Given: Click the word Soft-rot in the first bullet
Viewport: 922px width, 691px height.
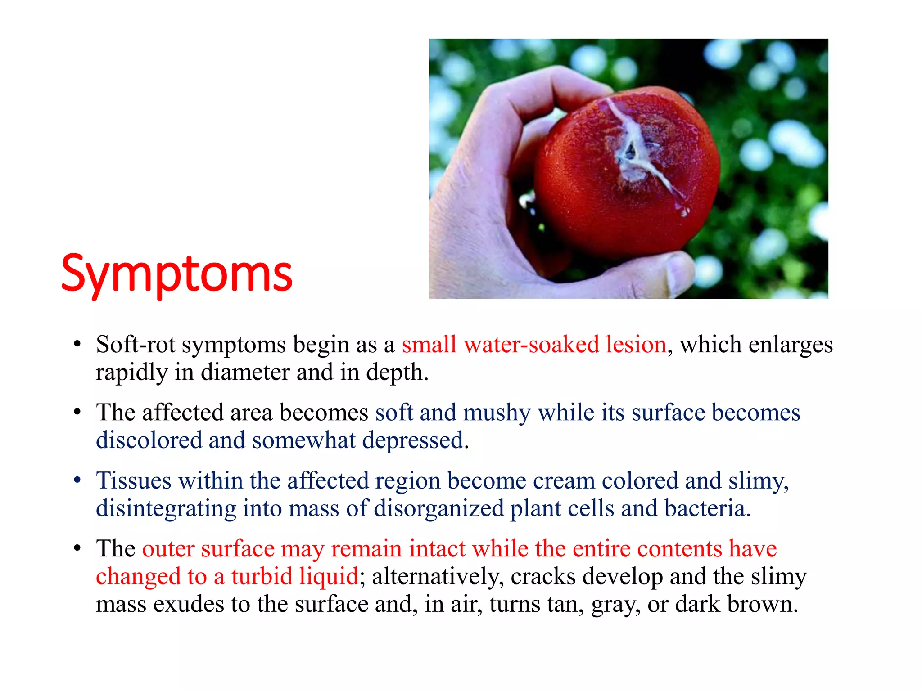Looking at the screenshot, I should point(135,345).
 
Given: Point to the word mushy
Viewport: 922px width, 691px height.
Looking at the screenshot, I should point(497,413).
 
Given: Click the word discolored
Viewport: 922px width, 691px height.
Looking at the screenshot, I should point(149,440).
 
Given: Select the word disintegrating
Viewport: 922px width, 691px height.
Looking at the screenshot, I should point(166,508).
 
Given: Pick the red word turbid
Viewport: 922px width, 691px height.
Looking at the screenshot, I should point(262,576).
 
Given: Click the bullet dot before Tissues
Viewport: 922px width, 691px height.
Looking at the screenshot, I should point(77,480).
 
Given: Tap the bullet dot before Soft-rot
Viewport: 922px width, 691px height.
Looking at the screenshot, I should point(77,345).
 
